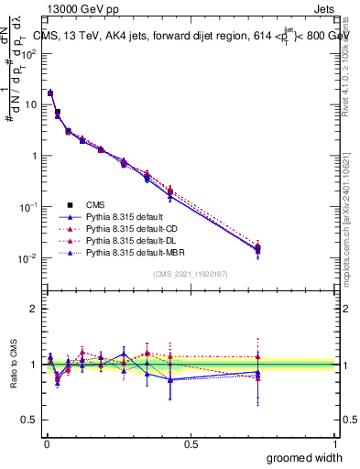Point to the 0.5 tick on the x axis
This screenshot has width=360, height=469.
[x=191, y=443]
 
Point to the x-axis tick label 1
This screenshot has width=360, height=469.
[x=335, y=443]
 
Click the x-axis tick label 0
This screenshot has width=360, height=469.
[x=46, y=443]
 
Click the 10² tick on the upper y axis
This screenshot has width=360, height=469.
[x=30, y=53]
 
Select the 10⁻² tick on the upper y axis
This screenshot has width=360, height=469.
[x=30, y=258]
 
